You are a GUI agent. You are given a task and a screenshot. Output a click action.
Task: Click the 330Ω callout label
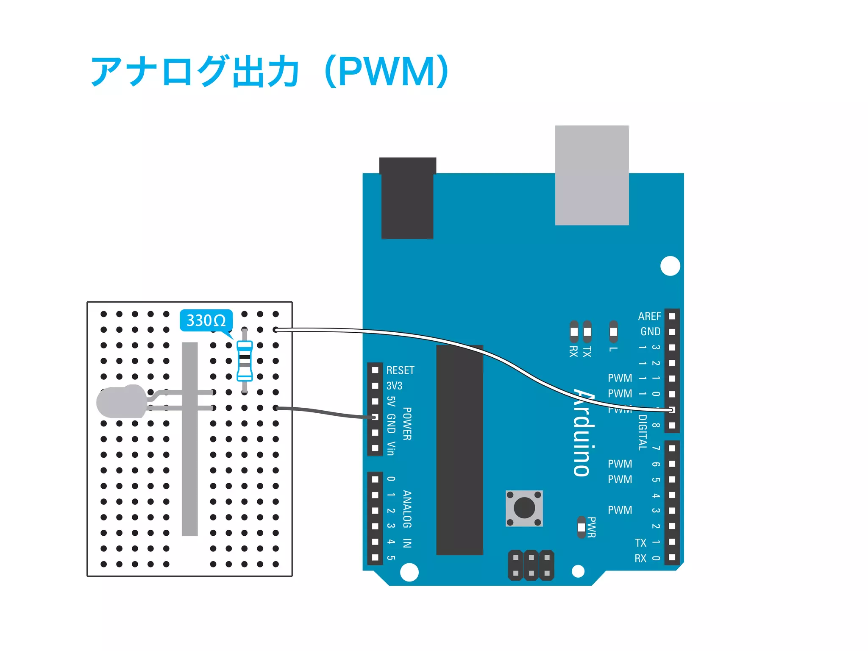(206, 320)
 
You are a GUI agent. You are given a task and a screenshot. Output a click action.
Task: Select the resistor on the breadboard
(245, 361)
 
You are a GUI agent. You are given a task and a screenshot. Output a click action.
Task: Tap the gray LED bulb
(121, 401)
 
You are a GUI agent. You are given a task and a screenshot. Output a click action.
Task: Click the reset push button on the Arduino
(524, 508)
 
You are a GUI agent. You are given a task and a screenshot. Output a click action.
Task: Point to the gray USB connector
(592, 175)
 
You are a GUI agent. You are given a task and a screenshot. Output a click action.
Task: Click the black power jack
(407, 198)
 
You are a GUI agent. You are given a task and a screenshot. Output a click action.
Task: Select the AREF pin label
(649, 316)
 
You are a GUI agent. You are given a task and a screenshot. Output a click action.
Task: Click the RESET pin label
(400, 370)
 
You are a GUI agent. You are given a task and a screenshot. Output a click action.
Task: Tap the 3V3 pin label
(394, 386)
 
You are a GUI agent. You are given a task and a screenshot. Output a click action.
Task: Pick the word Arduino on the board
(584, 432)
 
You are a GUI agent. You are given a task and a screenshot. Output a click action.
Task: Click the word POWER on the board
(407, 423)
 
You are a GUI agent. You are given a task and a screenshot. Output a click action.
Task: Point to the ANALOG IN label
(407, 519)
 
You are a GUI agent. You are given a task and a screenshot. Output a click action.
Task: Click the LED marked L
(613, 331)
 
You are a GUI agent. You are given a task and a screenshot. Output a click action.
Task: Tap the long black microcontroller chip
(459, 450)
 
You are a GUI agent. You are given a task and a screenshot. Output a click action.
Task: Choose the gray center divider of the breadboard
(189, 439)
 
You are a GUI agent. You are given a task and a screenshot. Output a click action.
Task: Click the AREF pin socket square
(672, 316)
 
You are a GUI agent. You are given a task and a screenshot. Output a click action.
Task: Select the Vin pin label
(391, 448)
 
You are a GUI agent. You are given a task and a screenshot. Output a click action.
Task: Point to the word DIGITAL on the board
(643, 432)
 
